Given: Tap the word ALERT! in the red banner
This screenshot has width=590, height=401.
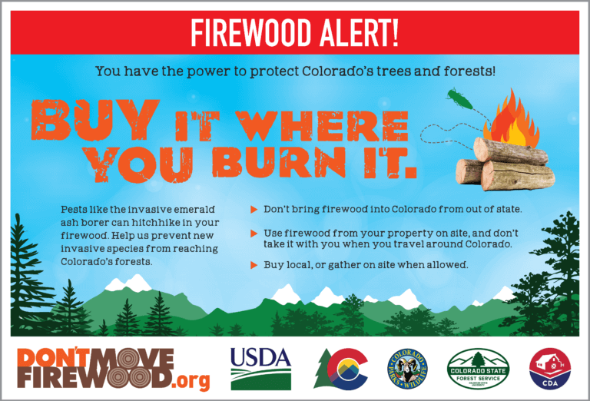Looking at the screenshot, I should tap(366, 33).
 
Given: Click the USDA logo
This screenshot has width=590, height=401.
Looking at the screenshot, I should tap(261, 366).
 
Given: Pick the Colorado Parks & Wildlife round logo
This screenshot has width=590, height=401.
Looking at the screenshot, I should tap(407, 367).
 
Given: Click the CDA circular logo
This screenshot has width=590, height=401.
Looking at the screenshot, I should tap(549, 367).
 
